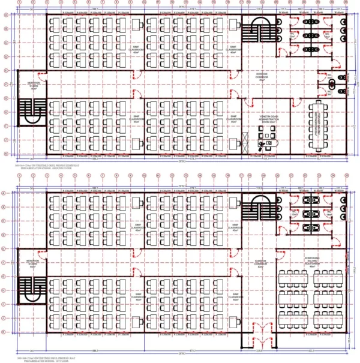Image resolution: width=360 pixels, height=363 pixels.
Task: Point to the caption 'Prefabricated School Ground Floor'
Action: pyautogui.click(x=36, y=170)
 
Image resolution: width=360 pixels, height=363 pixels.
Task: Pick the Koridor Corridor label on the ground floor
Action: pyautogui.click(x=261, y=76)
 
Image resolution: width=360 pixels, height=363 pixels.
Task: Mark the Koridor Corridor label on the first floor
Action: pyautogui.click(x=261, y=264)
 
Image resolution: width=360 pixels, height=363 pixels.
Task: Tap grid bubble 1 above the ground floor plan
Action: pyautogui.click(x=20, y=3)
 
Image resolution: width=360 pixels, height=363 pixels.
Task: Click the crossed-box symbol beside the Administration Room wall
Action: pyautogui.click(x=245, y=143)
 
